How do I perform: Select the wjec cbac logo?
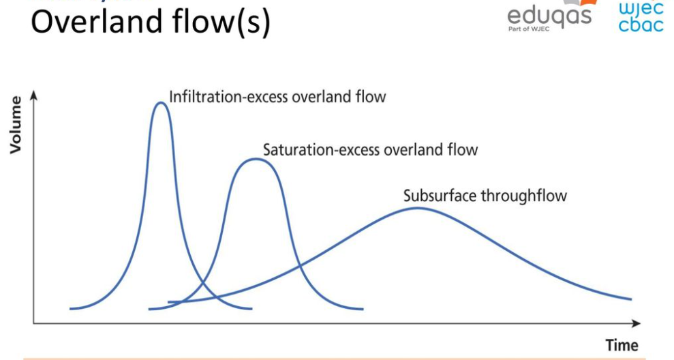coord(640,16)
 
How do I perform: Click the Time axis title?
coord(622,345)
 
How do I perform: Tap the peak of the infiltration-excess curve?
coord(160,103)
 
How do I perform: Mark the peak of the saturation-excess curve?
coord(254,159)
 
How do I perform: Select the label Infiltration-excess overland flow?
coord(277,96)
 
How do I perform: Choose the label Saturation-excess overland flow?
coord(370,149)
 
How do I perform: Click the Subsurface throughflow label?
coord(485,196)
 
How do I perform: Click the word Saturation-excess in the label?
coord(316,149)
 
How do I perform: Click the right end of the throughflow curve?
coord(631,299)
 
